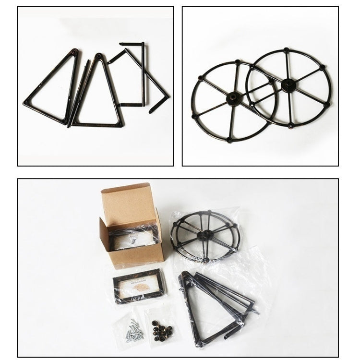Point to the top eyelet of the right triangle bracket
pyautogui.click(x=99, y=57)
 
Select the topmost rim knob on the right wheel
pyautogui.click(x=286, y=49)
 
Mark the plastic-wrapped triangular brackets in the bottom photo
pyautogui.click(x=216, y=307)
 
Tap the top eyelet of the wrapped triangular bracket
pyautogui.click(x=184, y=275)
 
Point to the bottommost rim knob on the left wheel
pyautogui.click(x=229, y=140)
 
